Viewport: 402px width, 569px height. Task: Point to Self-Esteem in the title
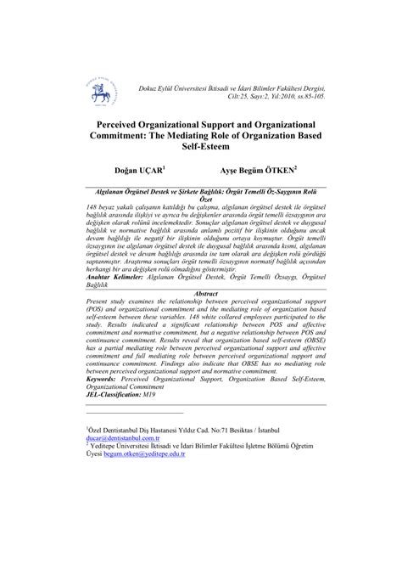(201, 147)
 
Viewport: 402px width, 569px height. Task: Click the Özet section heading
(201, 200)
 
